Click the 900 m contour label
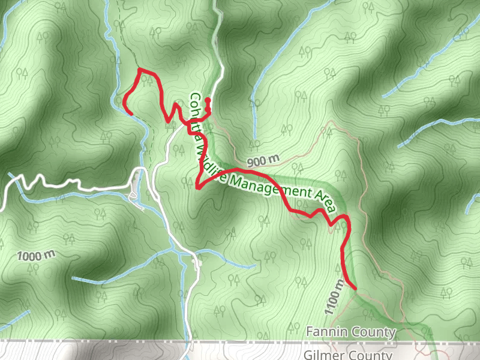point(263,161)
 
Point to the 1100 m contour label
point(335,298)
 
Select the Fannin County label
point(351,332)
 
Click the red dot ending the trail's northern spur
point(208,100)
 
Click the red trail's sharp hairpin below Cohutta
point(197,188)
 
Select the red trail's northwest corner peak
point(140,70)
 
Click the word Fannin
point(326,332)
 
